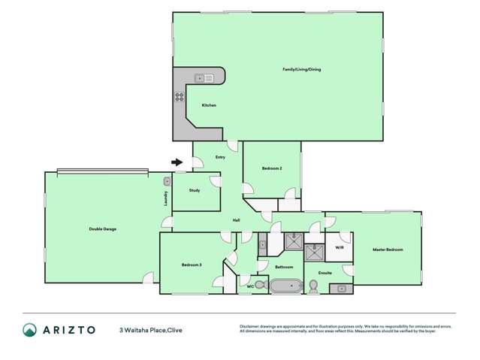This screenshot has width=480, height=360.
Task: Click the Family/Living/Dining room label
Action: coord(301,69)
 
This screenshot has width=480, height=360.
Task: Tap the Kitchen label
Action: coord(209,105)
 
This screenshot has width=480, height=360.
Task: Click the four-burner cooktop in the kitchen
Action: coord(180,96)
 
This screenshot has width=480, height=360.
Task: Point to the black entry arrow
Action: coord(177,162)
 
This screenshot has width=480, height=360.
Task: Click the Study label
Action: coord(195,190)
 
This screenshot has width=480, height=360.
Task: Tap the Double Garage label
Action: coord(103,228)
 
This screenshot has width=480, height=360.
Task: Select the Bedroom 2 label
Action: coord(272,168)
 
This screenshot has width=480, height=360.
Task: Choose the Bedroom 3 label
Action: coord(192,265)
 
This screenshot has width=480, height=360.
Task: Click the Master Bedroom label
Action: coord(388,250)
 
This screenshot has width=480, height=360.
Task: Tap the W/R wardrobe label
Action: coord(339,247)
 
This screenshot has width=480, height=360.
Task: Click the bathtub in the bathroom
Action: coord(285,286)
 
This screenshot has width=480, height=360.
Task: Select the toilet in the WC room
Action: coord(261,285)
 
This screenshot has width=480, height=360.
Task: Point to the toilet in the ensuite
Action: coord(314,286)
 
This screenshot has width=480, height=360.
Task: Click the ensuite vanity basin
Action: coord(342,288)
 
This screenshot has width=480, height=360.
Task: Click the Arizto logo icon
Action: coord(29,329)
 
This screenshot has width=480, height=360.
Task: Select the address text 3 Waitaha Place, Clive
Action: coord(151,330)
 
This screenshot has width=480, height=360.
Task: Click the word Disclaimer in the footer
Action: coord(250,326)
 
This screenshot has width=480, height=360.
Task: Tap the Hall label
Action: coord(236,219)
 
